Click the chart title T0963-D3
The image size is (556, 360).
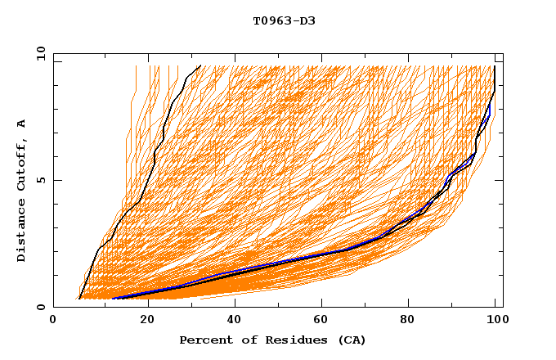click(284, 20)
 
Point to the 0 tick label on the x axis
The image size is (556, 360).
click(53, 322)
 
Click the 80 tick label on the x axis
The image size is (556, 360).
click(415, 322)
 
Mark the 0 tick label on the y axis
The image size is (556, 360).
click(41, 308)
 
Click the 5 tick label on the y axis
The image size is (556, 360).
click(41, 180)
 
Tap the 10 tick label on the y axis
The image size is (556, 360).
click(38, 53)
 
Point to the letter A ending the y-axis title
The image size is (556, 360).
click(22, 124)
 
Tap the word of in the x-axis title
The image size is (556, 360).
click(244, 340)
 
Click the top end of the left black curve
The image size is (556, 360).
click(200, 65)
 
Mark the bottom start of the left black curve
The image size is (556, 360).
click(78, 299)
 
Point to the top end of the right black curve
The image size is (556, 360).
click(495, 66)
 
